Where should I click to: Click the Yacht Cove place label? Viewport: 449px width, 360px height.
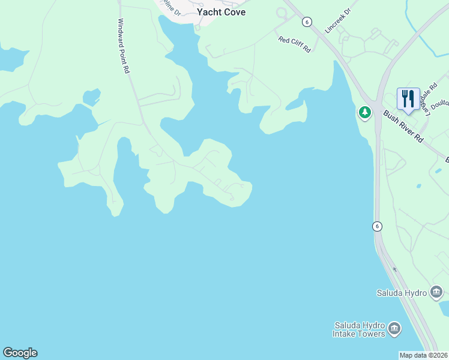(221, 12)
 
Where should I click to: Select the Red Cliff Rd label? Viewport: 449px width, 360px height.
(294, 44)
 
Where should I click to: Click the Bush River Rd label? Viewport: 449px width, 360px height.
(403, 127)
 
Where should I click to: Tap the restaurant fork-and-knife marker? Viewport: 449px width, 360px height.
(408, 99)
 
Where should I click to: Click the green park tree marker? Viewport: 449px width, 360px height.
(364, 112)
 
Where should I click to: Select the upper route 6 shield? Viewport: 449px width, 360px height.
(307, 22)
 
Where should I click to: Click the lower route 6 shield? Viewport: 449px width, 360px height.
(376, 226)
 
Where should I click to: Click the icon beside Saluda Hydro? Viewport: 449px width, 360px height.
(436, 293)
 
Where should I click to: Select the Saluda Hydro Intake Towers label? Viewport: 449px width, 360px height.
(360, 329)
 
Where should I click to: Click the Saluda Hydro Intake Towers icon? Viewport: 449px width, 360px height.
(394, 329)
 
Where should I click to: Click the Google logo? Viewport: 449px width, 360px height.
(20, 353)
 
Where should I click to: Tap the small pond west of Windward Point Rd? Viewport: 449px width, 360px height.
(91, 96)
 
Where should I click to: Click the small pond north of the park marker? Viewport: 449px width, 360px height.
(295, 103)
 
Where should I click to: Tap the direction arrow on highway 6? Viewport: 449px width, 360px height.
(394, 269)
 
